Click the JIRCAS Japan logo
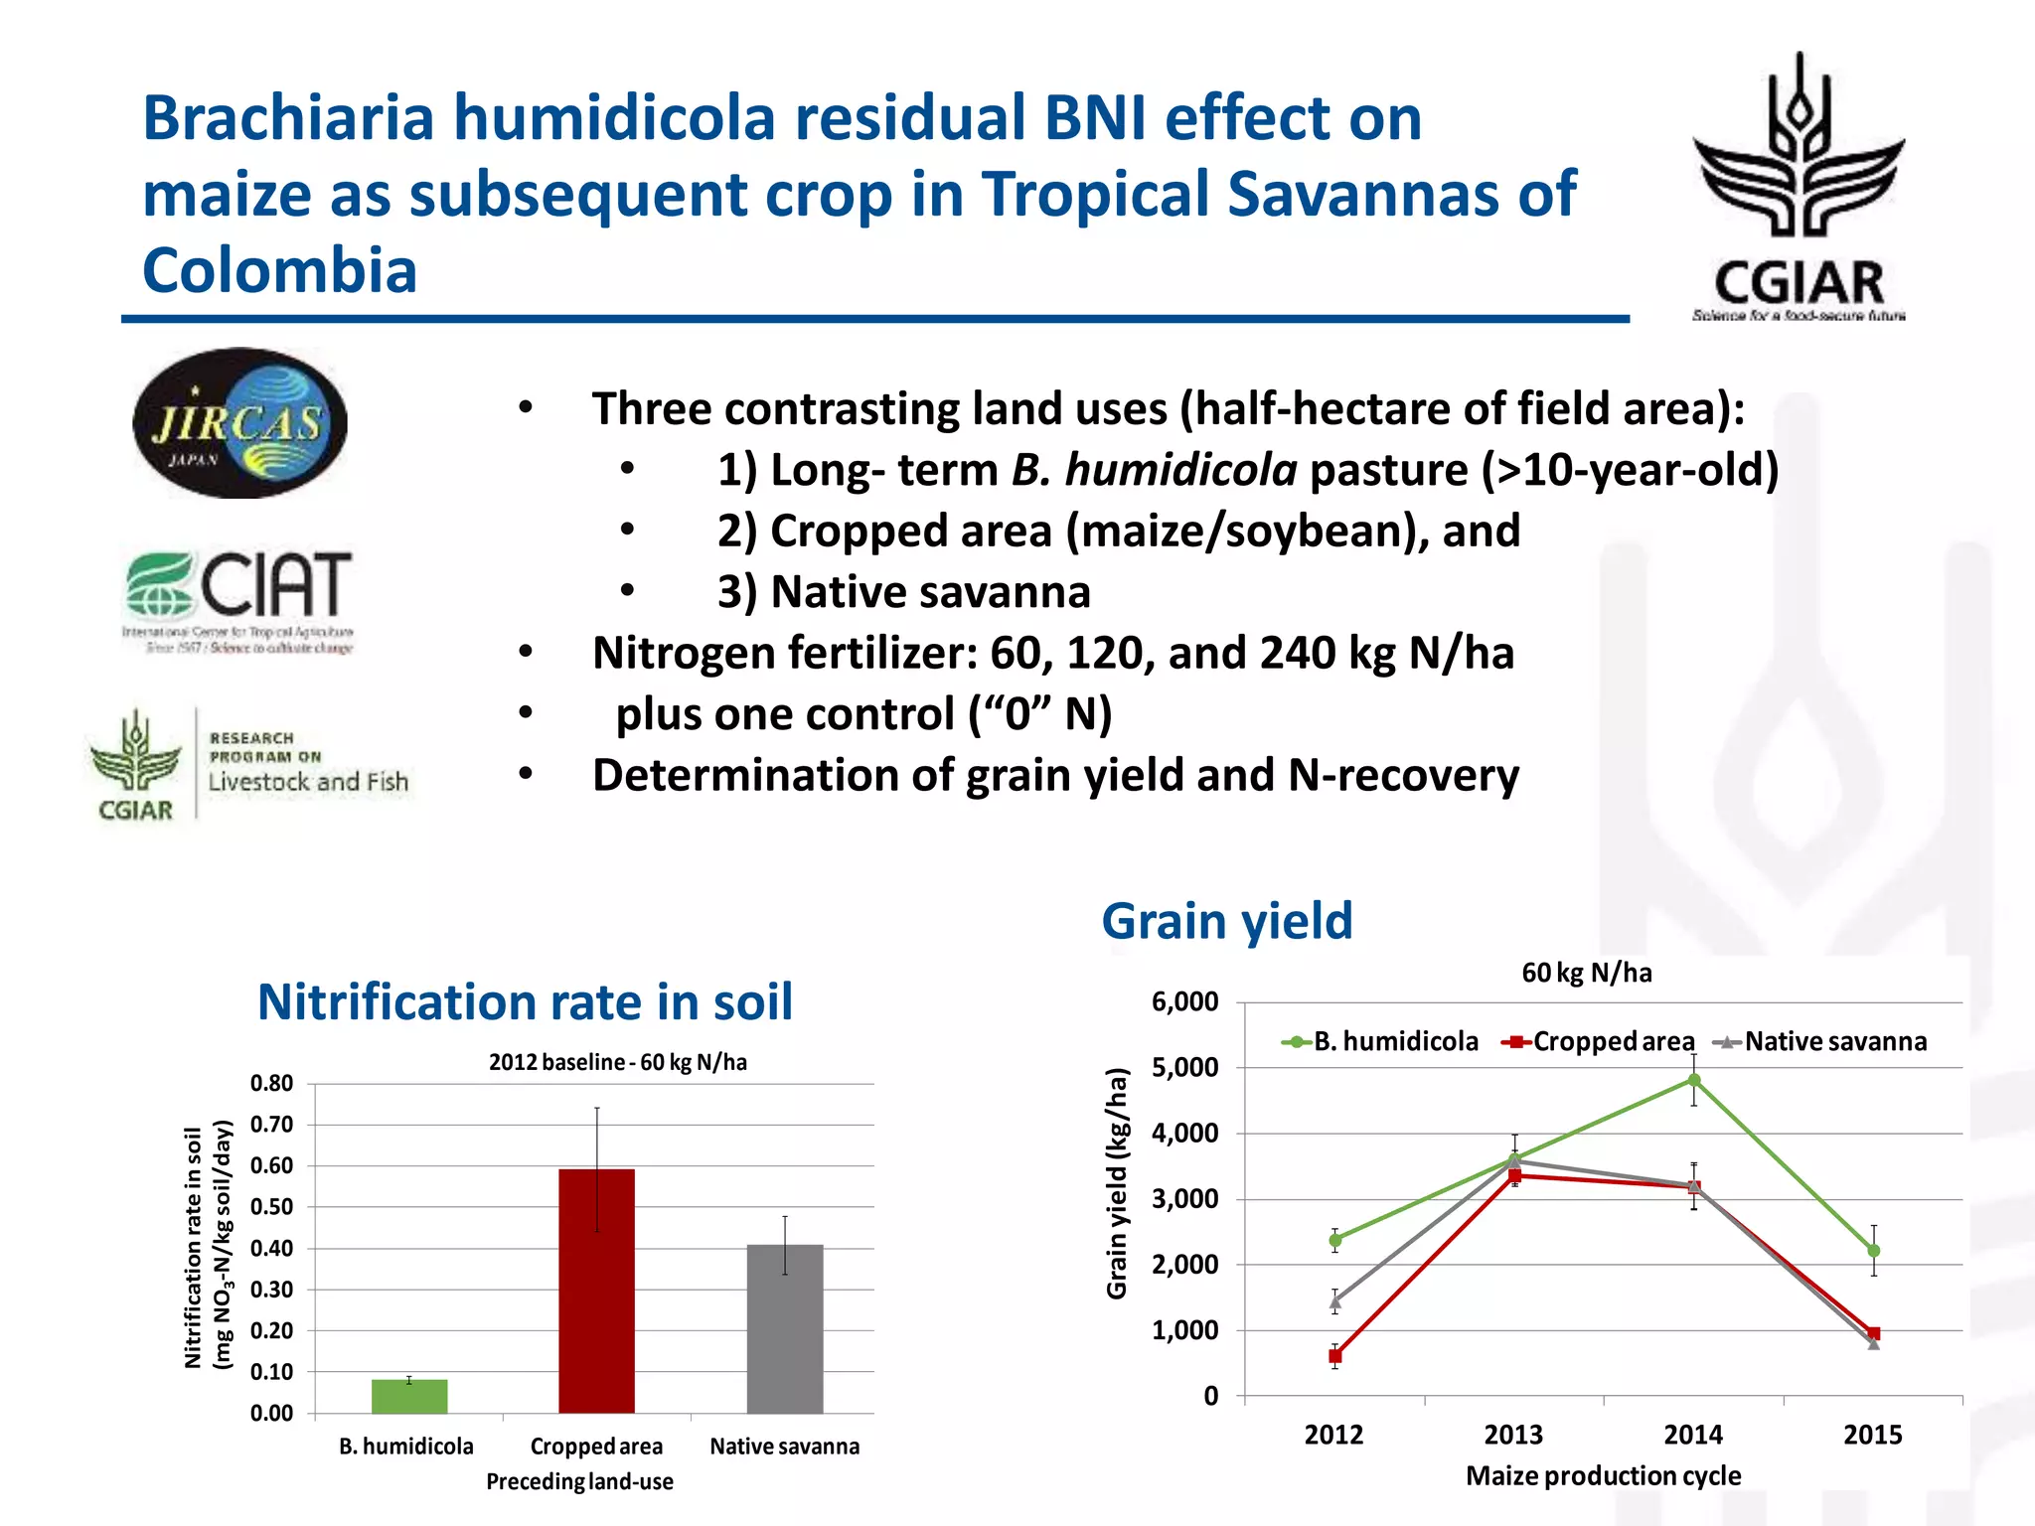click(239, 422)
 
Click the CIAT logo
click(239, 599)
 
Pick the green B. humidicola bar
click(409, 1395)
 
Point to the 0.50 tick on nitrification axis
click(271, 1207)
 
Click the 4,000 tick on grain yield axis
click(1184, 1134)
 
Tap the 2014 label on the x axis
click(1693, 1435)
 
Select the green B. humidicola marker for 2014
click(1694, 1080)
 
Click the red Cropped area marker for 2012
click(1335, 1356)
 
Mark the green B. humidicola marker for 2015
click(1874, 1251)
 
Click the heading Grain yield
click(1227, 921)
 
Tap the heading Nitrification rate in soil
click(525, 1001)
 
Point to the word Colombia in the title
click(279, 270)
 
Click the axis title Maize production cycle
click(1603, 1475)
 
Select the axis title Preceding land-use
click(579, 1481)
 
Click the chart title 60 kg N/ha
click(1587, 973)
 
